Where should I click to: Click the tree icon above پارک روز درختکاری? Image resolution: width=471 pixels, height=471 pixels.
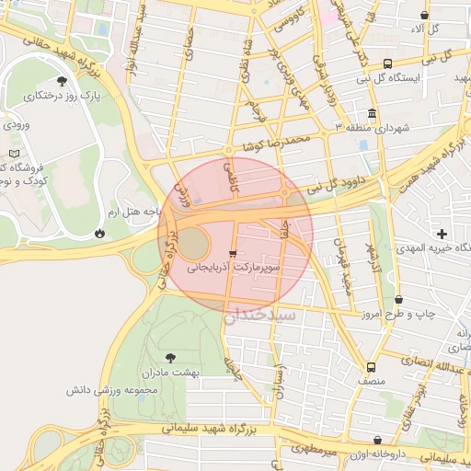pos(62,81)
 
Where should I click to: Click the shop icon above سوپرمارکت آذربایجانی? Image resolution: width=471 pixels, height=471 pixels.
pos(233,252)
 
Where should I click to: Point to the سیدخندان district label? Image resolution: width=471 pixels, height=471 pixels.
pos(259,314)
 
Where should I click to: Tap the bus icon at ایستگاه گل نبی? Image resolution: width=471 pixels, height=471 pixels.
pos(387,64)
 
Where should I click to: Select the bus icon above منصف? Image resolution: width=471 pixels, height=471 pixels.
pos(370,365)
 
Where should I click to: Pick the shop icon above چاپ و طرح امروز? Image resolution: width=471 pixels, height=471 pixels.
pos(398,300)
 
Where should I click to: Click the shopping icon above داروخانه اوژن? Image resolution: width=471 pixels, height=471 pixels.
pos(378,441)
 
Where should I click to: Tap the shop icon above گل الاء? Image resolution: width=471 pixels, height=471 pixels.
pos(424,16)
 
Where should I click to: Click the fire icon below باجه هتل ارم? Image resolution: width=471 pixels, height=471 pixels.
pos(98,233)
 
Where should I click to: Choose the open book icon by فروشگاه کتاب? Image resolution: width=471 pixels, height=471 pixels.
pos(12,153)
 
